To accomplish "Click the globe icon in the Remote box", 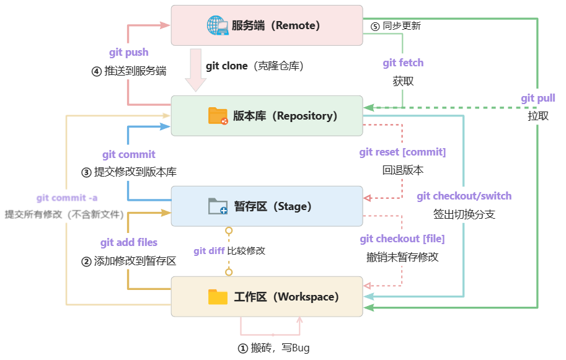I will (218, 25).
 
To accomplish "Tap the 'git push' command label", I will (128, 53).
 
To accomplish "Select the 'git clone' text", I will (226, 66).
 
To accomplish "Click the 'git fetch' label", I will (403, 63).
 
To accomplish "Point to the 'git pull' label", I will (537, 99).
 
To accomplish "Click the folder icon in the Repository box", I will (218, 116).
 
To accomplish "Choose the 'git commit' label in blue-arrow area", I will (129, 154).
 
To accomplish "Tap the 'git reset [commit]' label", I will (402, 152).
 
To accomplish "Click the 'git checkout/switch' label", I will (464, 196).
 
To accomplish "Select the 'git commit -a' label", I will (66, 198).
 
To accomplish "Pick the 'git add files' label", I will (129, 243).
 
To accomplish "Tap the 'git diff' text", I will (208, 251).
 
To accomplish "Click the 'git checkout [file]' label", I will (402, 239).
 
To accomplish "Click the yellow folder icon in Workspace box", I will (218, 297).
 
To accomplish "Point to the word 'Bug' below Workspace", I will (301, 348).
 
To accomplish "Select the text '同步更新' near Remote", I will (402, 26).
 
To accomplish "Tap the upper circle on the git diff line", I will (229, 230).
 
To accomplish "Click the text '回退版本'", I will (402, 170).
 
